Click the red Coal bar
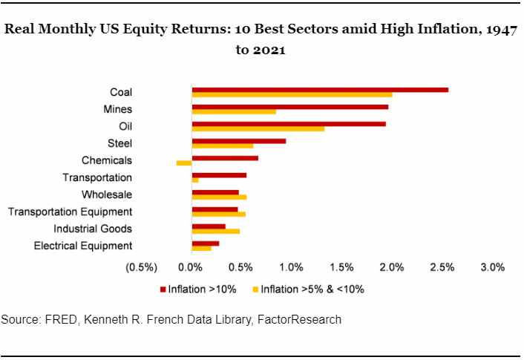319,90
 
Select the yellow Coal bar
292,95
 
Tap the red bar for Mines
289,107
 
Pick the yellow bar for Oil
258,129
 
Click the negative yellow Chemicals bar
184,163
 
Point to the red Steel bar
238,140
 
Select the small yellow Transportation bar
195,180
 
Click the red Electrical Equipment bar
205,243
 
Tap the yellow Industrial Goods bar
215,231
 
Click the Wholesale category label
108,194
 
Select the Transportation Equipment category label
70,212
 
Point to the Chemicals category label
106,160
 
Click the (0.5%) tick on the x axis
142,267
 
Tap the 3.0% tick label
493,267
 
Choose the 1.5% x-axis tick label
342,267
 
